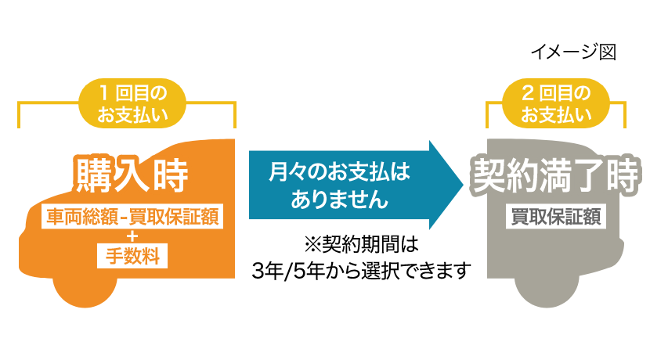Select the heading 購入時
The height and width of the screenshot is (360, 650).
point(132,175)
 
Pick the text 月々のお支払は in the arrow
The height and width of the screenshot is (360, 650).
point(338,171)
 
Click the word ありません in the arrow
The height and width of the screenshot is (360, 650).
point(338,200)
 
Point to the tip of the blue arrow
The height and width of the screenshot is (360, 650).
point(460,185)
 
